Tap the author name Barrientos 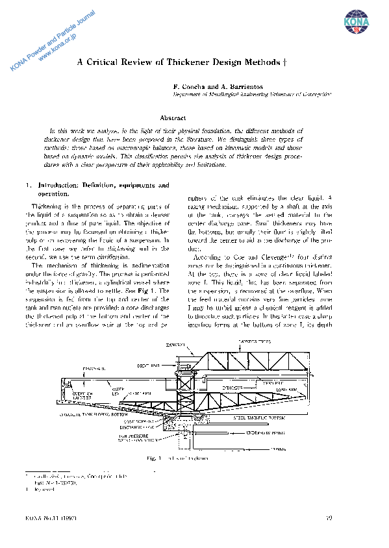pyautogui.click(x=244, y=86)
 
